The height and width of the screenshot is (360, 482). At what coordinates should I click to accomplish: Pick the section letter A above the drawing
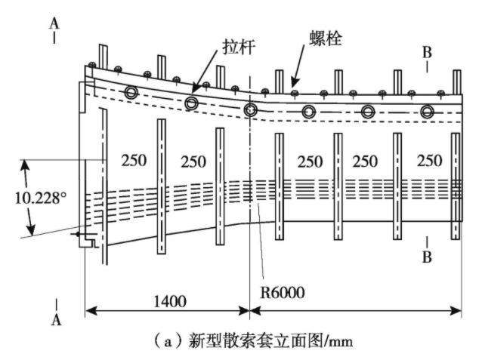[x=54, y=23]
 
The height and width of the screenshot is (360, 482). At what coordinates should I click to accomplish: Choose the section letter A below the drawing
[x=54, y=320]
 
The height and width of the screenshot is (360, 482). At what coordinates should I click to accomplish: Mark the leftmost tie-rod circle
[x=131, y=94]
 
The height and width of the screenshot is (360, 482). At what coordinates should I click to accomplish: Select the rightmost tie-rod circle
[x=428, y=112]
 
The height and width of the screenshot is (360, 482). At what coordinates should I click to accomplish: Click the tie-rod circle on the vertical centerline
[x=251, y=109]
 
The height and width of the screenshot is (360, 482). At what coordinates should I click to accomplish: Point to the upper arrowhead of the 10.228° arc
[x=26, y=162]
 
